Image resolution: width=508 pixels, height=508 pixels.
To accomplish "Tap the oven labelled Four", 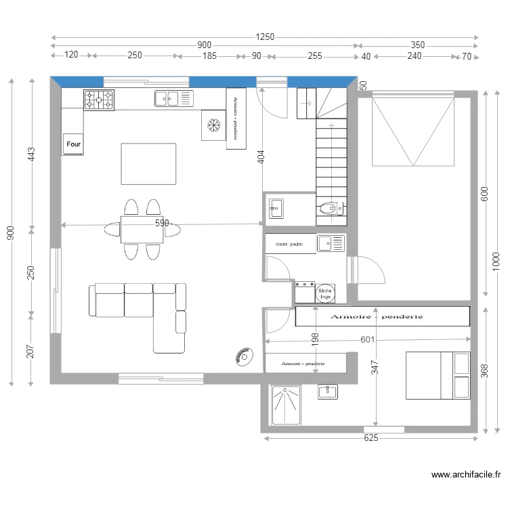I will click(73, 144).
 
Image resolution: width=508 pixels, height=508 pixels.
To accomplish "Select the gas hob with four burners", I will click(98, 100).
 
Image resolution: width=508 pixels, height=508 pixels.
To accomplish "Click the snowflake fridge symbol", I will click(214, 125).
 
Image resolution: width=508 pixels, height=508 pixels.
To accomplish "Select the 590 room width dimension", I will click(161, 223).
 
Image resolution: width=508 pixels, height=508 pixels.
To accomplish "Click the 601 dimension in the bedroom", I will click(367, 339).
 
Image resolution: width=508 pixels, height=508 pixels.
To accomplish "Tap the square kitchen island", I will click(148, 163).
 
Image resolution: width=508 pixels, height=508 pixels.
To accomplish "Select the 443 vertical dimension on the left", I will click(30, 155).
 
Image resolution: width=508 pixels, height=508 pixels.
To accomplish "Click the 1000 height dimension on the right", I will click(496, 260).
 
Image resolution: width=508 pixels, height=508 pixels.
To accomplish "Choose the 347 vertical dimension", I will click(375, 368).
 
